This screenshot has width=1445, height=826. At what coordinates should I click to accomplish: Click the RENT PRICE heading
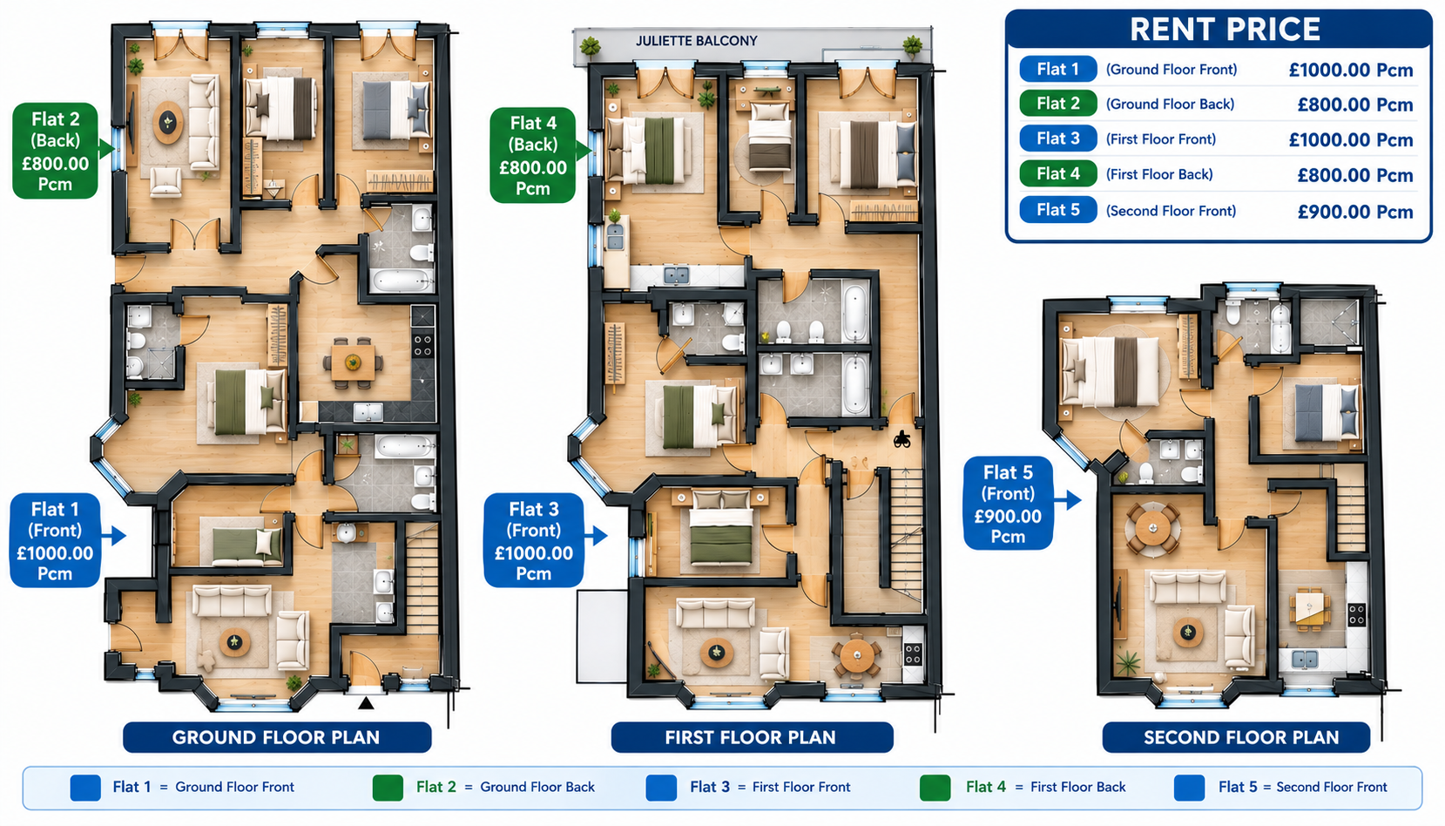(1225, 29)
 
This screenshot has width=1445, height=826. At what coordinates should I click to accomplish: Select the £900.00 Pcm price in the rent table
(1355, 212)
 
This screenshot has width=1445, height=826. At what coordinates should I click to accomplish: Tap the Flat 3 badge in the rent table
(1058, 138)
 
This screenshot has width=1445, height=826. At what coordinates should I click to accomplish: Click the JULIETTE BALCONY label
(696, 41)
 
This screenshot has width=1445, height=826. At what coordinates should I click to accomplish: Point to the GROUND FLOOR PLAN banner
(277, 737)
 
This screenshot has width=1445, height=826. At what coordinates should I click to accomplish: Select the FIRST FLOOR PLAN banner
(752, 737)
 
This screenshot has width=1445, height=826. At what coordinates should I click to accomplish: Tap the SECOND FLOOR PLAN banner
(1235, 737)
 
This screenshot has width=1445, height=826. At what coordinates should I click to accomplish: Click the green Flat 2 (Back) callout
(56, 151)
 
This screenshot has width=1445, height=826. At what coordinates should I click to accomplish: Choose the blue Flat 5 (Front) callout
(1008, 504)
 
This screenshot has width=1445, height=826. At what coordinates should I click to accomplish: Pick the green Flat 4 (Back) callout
(533, 155)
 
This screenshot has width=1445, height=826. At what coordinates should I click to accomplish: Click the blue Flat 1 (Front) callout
(55, 541)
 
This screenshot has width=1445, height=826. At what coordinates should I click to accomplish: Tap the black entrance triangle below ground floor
(366, 703)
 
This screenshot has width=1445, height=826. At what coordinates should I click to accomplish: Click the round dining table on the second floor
(1152, 529)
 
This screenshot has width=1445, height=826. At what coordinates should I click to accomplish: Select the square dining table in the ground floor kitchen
(352, 362)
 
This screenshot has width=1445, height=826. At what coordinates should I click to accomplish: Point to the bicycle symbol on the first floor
(901, 440)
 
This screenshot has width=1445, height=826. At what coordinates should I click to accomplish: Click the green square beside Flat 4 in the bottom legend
(935, 788)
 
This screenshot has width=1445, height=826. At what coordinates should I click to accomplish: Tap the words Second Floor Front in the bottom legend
(1332, 788)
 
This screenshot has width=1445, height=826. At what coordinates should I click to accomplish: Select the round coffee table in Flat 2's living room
(168, 122)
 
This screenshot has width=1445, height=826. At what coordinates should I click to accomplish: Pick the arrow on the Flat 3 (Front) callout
(596, 536)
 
